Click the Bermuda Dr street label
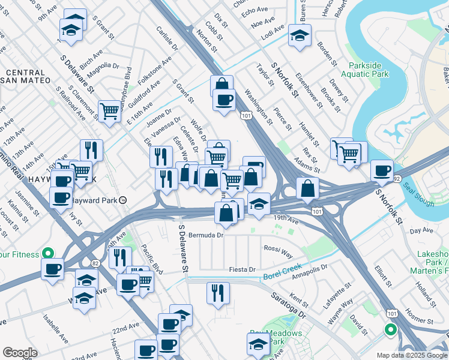(x=205, y=235)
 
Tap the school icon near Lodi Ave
(x=300, y=35)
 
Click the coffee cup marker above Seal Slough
(x=381, y=170)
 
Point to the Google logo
(x=20, y=353)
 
